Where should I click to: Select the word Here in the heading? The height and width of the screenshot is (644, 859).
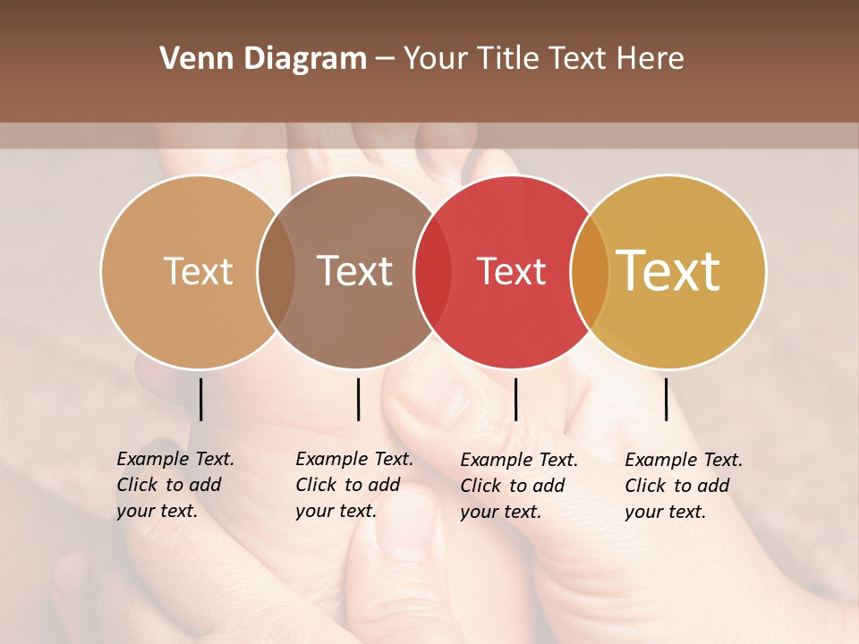[651, 59]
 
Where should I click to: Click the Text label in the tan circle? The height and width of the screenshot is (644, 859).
[198, 271]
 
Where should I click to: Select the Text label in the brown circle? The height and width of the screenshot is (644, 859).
[354, 271]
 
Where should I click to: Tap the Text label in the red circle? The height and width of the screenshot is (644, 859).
[511, 272]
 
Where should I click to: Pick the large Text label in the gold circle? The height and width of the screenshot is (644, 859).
[668, 271]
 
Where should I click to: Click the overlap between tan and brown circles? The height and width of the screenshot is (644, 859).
[276, 272]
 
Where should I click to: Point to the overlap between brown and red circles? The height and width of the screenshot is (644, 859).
[433, 272]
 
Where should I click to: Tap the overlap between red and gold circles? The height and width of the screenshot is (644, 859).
[590, 272]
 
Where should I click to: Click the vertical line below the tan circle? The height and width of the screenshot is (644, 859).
[200, 399]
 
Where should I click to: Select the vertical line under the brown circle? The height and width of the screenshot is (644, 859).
[358, 399]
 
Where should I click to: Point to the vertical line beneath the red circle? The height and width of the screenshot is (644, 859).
[515, 399]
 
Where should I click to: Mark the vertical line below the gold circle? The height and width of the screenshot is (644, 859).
[666, 399]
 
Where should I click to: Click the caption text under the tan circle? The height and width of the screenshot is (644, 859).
[174, 485]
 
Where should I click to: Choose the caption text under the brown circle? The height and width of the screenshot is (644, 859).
[353, 485]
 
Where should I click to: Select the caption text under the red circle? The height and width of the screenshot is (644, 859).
[518, 486]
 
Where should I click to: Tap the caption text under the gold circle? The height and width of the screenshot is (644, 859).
[683, 486]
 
